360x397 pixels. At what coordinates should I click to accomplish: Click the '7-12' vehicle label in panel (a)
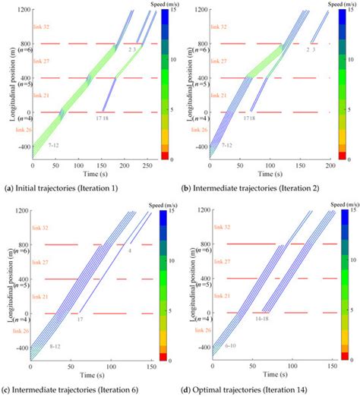coord(54,143)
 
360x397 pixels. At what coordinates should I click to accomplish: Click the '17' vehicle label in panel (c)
coord(79,320)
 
